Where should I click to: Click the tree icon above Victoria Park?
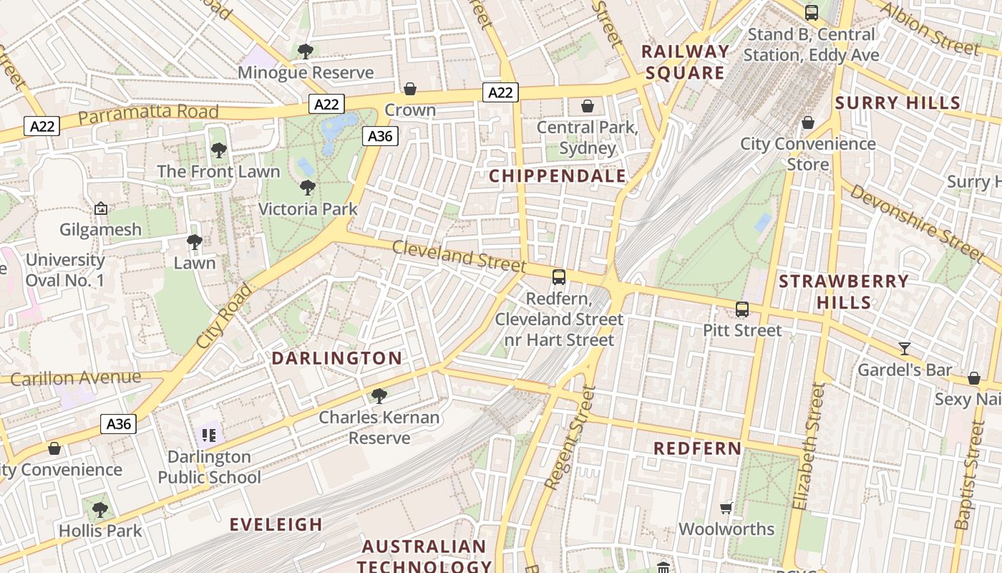(x=308, y=188)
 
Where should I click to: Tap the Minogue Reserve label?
(x=306, y=72)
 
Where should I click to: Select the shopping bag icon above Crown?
(x=410, y=89)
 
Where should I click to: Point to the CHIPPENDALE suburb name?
(x=558, y=176)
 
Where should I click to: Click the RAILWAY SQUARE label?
(x=685, y=62)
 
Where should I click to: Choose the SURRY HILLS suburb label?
(x=898, y=102)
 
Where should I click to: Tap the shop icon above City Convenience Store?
(x=808, y=123)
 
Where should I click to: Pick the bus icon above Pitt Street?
(x=742, y=309)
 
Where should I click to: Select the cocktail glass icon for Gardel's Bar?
(x=905, y=349)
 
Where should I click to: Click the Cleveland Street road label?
(x=459, y=256)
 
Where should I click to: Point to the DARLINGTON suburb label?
(x=336, y=358)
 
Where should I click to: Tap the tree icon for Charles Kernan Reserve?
(x=379, y=396)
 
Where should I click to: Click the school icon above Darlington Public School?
(x=209, y=435)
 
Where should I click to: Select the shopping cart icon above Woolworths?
(x=726, y=509)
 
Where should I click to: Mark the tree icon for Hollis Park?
(x=100, y=510)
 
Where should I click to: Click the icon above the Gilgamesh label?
(x=101, y=209)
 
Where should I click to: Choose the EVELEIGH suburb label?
(x=276, y=524)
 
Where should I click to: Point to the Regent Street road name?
(x=570, y=438)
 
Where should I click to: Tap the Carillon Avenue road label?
(x=76, y=378)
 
